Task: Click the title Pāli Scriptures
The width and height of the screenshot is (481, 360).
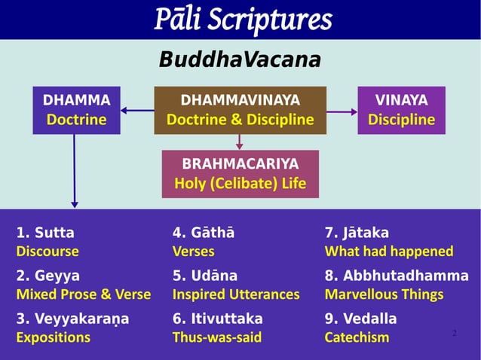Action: pos(241,20)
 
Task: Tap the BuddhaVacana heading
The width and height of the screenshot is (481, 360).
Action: pos(240,59)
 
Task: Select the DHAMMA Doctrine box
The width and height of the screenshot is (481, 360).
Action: pos(76,110)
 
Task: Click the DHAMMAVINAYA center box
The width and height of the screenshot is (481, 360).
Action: pos(240,110)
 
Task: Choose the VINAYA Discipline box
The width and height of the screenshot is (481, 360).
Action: pos(401,110)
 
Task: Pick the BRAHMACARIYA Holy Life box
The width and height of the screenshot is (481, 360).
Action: pos(240,174)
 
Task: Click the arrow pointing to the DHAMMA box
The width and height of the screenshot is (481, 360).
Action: pos(137,111)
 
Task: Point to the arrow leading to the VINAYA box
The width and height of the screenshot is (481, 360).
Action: pos(342,111)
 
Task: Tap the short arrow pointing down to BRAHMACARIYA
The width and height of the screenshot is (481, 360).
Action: pos(240,142)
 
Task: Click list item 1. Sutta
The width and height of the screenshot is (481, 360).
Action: pos(45,233)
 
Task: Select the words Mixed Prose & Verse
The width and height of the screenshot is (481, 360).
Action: pos(83,294)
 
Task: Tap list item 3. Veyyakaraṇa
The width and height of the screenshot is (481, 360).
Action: pos(72,319)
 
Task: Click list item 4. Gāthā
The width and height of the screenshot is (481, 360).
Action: pos(203,233)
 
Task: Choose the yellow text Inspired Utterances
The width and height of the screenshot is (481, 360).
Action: pos(236,294)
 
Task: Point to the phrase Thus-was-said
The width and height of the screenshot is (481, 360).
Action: pos(217,337)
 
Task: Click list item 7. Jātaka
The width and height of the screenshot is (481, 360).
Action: pos(357,233)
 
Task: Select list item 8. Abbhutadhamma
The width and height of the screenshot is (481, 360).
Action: pos(396,276)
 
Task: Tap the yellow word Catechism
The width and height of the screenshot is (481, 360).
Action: pos(357,337)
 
